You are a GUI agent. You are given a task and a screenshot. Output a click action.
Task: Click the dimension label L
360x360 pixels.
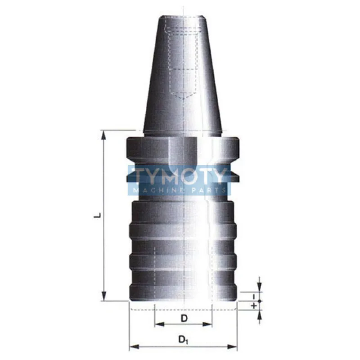(99, 216)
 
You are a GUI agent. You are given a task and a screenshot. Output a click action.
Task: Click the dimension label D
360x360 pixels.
(184, 318)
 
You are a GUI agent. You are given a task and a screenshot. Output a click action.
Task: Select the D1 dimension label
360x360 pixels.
(184, 340)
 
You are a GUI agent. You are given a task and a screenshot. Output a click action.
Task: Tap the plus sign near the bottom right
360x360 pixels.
(254, 306)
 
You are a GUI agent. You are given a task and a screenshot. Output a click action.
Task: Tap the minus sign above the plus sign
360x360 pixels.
(254, 297)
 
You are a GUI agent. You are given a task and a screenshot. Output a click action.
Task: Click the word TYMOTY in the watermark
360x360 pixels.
(179, 176)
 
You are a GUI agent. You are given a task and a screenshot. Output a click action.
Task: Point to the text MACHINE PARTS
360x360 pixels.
(179, 190)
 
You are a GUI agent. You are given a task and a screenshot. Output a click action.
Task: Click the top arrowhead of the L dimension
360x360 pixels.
(104, 135)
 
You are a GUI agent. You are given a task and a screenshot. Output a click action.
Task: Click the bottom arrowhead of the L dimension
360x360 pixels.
(104, 296)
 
